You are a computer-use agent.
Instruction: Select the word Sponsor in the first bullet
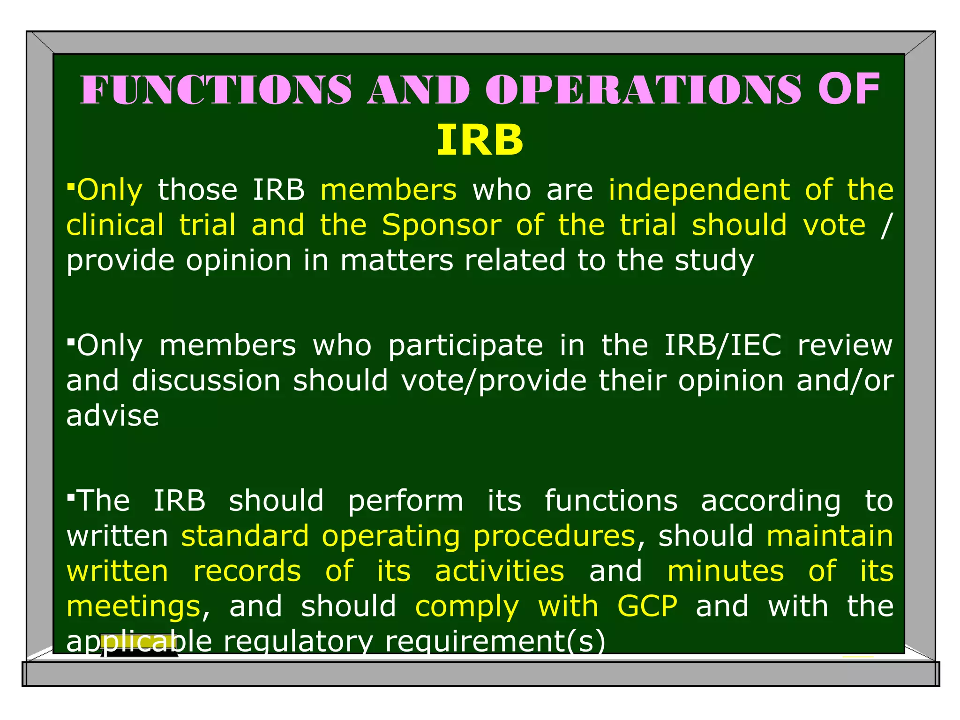coord(441,225)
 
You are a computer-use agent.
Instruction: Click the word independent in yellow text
coord(699,190)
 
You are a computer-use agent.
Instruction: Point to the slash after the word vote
coord(885,225)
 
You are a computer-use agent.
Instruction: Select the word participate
coord(465,346)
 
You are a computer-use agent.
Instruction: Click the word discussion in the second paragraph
coord(206,380)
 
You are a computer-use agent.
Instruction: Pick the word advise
coord(112,416)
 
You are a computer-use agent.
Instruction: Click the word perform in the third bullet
coord(405,501)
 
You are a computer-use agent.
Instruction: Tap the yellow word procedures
coord(554,536)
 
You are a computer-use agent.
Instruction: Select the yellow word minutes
coord(725,571)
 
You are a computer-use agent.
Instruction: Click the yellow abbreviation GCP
coord(647,606)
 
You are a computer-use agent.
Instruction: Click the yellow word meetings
coord(134,607)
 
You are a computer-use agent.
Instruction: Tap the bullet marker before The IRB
coord(71,496)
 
